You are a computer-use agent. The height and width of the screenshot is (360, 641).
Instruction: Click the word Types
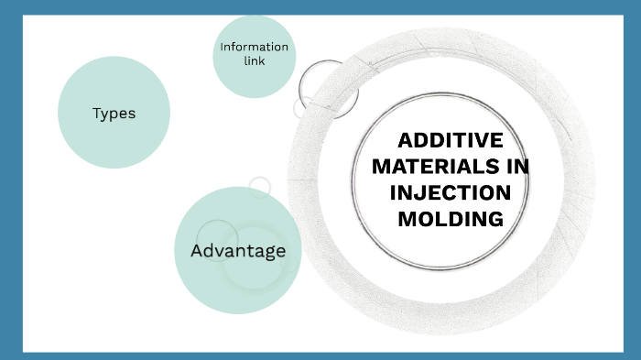[114, 114]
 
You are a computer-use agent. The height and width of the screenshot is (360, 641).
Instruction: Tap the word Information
[254, 47]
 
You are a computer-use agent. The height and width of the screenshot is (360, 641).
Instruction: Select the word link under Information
[254, 61]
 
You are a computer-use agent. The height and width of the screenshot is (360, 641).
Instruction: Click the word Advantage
[238, 251]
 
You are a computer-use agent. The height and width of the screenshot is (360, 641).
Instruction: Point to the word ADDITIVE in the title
[451, 141]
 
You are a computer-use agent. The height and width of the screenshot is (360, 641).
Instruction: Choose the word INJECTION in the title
[451, 193]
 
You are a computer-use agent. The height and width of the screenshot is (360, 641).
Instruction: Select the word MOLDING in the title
[450, 220]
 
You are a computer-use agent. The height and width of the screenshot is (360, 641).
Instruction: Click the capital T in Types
[96, 114]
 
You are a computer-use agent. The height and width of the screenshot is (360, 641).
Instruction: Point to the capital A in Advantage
[196, 251]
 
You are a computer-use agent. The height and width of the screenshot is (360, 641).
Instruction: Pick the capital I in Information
[222, 47]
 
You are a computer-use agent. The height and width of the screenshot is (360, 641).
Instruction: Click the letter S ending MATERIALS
[492, 168]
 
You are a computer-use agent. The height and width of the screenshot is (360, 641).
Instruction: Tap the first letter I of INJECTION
[393, 193]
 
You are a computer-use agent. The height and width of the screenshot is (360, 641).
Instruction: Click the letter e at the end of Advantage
[280, 251]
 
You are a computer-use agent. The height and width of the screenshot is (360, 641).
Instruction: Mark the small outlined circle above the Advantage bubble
[260, 187]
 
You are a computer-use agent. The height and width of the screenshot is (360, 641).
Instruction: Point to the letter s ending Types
[132, 115]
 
